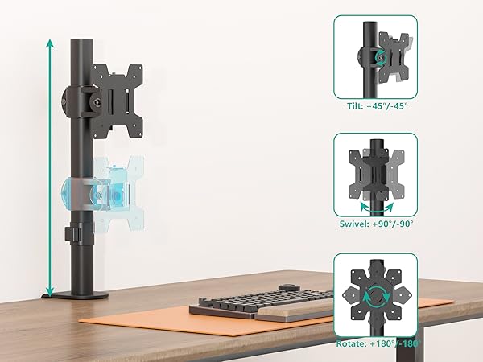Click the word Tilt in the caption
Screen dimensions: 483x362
coord(355,106)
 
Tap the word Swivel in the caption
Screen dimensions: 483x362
coord(354,224)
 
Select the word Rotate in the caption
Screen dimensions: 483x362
coord(349,343)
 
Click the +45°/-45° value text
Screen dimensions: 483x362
coord(387,106)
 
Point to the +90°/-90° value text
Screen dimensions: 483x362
coord(393,224)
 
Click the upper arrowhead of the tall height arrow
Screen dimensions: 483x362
coord(50,43)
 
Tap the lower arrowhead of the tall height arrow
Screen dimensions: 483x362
coord(50,291)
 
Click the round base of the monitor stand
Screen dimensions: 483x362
coord(76,296)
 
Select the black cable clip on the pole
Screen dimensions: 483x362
coord(72,234)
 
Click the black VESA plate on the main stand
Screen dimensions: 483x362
coord(118,101)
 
